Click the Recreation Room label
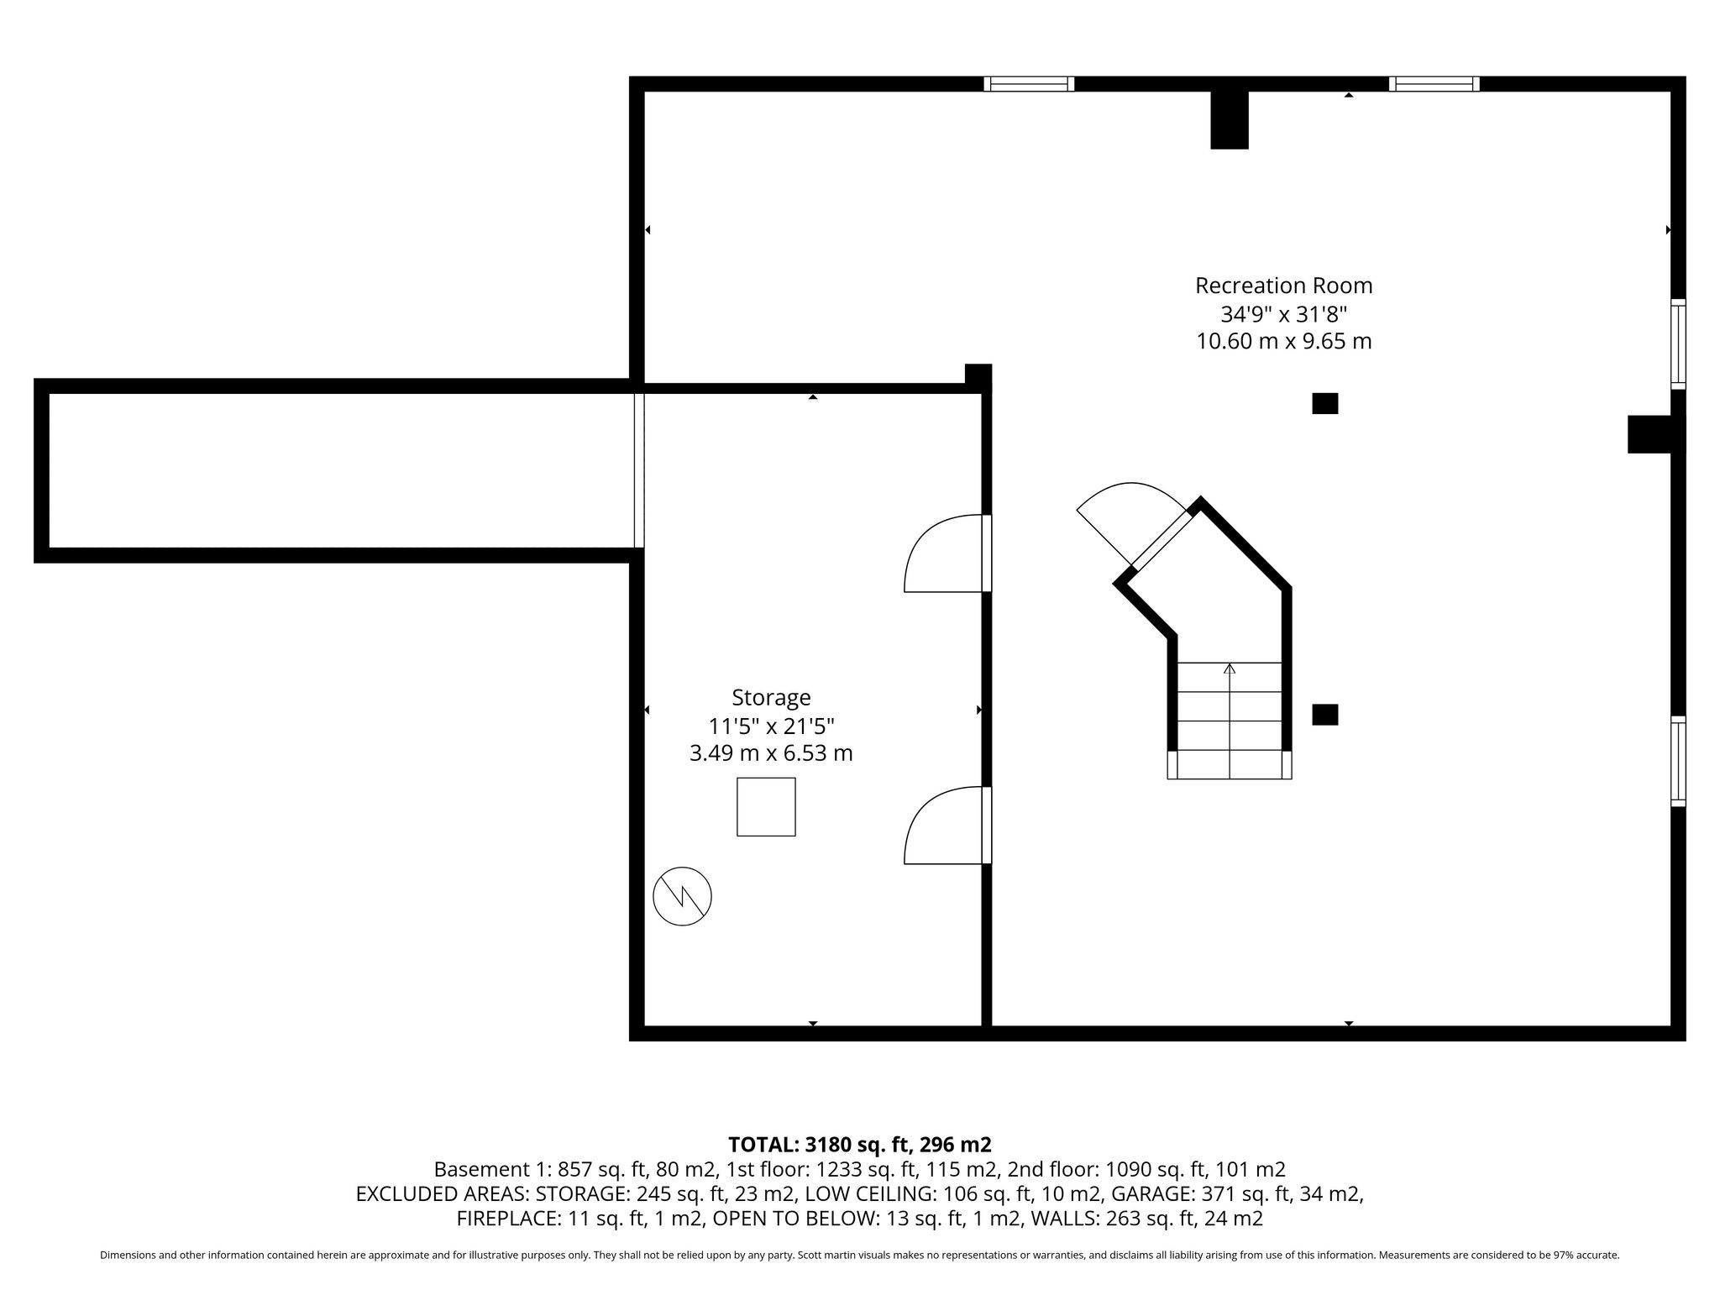1283,286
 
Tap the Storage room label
771,698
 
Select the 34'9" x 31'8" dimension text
1283,314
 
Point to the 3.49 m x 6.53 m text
771,753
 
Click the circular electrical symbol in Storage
682,896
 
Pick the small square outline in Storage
766,806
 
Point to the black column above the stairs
1325,404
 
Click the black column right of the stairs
1325,715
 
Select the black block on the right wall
1655,434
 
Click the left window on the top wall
1029,84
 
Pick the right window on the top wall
1434,84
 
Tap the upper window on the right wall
1678,343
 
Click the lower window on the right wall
1678,761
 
